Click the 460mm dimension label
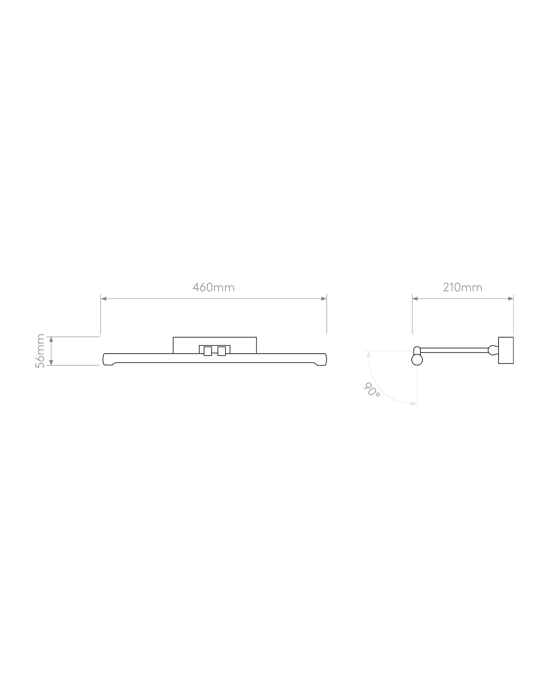point(213,287)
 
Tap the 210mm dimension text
point(463,287)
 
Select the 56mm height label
point(40,351)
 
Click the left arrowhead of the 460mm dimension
point(104,299)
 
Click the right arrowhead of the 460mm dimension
point(324,299)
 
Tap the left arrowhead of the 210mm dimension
point(415,299)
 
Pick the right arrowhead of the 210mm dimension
point(511,299)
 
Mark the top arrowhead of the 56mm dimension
point(51,340)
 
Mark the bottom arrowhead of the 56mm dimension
point(51,363)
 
